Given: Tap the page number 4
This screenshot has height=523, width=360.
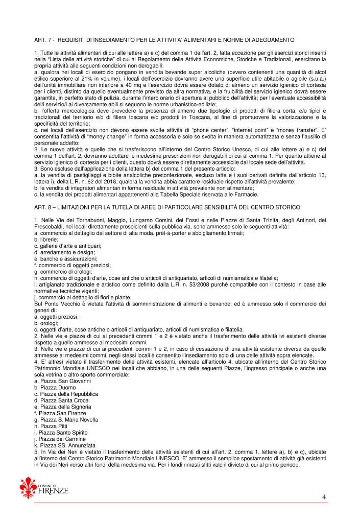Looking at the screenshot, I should point(324,496).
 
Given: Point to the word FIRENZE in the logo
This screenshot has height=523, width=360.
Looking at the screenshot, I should point(53,491).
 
